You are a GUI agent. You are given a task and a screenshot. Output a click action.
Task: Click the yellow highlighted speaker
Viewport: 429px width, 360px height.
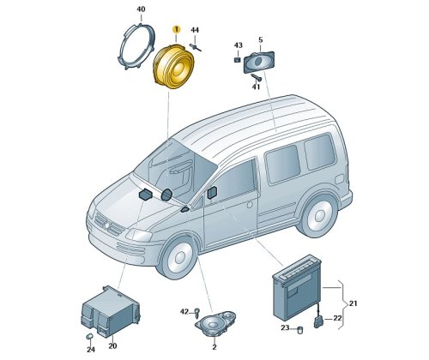(x=173, y=66)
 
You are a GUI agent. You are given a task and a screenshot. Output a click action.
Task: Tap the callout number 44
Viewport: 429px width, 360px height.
(x=195, y=30)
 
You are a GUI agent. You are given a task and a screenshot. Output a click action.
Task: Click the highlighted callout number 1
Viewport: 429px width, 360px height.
(x=177, y=29)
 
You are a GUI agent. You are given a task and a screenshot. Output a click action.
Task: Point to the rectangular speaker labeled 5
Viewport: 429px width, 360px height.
(x=259, y=62)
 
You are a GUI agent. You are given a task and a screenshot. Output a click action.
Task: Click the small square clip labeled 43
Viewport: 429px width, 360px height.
(x=238, y=60)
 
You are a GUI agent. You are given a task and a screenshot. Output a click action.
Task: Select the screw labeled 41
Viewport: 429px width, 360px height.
(x=257, y=77)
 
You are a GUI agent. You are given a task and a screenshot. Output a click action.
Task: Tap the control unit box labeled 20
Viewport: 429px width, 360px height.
(x=111, y=311)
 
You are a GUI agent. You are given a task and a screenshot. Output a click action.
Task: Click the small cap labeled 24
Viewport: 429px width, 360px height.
(x=90, y=336)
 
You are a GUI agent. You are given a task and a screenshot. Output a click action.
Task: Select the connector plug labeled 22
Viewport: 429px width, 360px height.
(x=318, y=321)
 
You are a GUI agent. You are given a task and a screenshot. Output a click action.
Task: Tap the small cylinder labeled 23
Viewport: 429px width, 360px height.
(x=299, y=330)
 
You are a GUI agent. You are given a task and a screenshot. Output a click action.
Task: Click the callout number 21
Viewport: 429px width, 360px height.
(x=353, y=303)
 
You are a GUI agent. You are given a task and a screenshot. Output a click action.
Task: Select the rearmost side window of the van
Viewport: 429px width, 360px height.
(x=319, y=152)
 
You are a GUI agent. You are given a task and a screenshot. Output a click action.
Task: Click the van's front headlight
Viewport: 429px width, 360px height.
(x=139, y=235)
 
